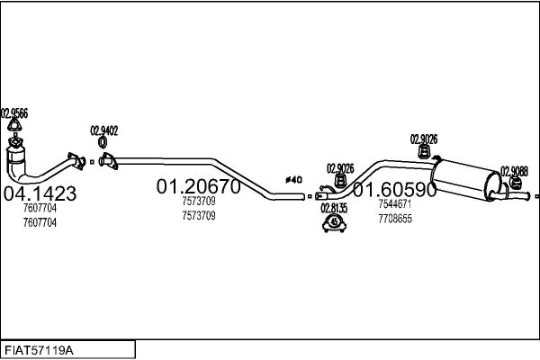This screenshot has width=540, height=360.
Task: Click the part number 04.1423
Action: (x=40, y=193)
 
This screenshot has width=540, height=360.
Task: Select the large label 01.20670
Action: (x=198, y=186)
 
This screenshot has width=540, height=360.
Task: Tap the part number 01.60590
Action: (x=395, y=190)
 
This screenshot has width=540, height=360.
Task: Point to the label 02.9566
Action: (x=14, y=113)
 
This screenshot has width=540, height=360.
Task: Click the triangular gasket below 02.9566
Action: (x=14, y=125)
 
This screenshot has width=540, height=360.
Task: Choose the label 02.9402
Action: (x=104, y=130)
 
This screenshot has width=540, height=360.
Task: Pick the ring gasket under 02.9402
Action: (x=103, y=142)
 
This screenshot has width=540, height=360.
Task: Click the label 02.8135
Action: (x=334, y=208)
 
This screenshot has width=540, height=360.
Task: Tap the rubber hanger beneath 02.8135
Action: (x=334, y=223)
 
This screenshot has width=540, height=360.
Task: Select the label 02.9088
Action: (x=514, y=171)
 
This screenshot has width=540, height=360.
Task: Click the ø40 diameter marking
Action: (x=293, y=179)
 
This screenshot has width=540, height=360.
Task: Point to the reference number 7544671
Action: (x=395, y=204)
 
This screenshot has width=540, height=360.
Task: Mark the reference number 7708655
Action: (x=395, y=219)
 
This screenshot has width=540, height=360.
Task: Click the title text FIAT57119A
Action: (x=39, y=350)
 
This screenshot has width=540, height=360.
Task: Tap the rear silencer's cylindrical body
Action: (x=466, y=179)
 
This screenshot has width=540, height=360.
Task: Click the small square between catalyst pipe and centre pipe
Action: (x=92, y=162)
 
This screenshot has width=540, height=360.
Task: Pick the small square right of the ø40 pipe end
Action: (x=310, y=196)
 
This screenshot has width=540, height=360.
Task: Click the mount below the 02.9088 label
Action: (x=515, y=183)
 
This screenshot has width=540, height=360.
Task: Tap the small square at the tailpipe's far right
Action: (x=537, y=196)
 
